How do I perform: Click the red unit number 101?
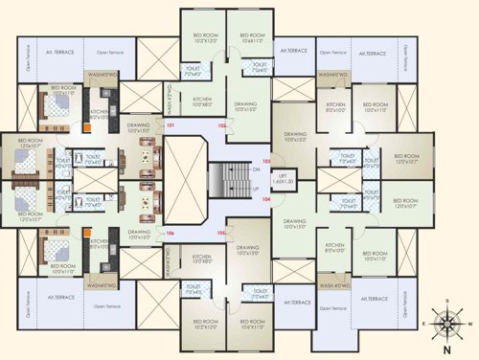click(171, 126)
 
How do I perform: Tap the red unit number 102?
click(221, 125)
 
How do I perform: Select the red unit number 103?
click(266, 161)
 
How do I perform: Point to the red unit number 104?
click(266, 200)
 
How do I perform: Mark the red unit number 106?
click(171, 233)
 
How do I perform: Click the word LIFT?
click(281, 176)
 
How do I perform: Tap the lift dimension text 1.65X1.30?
click(281, 182)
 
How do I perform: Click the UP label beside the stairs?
click(256, 190)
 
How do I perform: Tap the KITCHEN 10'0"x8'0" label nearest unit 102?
click(201, 101)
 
